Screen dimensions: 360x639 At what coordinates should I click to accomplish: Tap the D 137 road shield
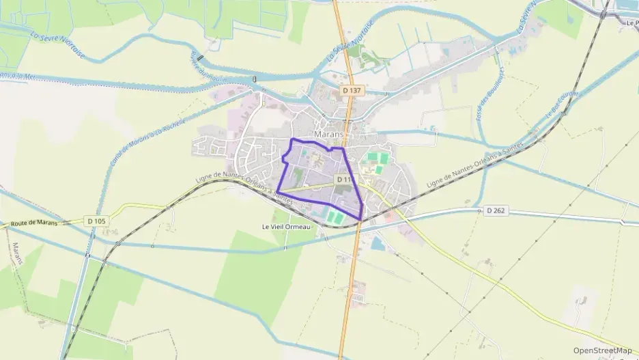[x=352, y=90]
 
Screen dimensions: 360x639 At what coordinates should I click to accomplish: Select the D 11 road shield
[x=343, y=179]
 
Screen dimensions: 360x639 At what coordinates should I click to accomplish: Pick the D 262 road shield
[x=496, y=210]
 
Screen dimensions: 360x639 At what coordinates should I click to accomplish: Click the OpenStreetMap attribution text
[x=603, y=350]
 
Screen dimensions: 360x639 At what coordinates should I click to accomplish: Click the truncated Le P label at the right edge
[x=631, y=23]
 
